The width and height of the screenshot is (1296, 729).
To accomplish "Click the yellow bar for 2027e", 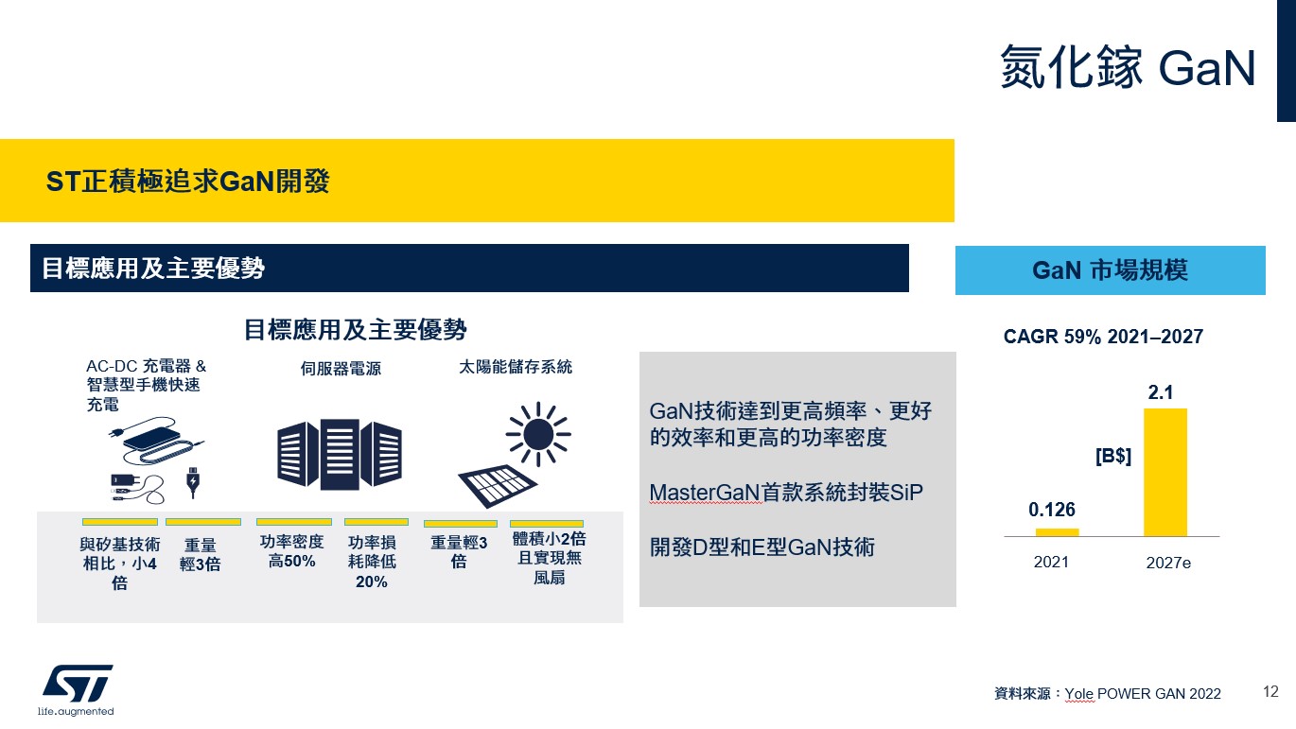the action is click(x=1165, y=473).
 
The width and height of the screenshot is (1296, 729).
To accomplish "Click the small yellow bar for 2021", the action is click(x=1057, y=532).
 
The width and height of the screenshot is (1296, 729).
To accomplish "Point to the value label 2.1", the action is click(x=1161, y=392).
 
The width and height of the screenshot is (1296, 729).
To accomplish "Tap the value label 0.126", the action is click(x=1051, y=510).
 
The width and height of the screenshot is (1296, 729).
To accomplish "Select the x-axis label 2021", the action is click(x=1051, y=562).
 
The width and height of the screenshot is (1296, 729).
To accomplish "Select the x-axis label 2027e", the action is click(x=1168, y=564).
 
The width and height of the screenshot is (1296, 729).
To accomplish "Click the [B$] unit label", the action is click(x=1113, y=456).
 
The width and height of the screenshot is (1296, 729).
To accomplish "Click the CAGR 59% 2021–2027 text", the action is click(x=1103, y=337).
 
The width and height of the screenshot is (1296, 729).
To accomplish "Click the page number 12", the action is click(x=1270, y=691).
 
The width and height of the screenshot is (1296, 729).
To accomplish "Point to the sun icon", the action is click(x=538, y=434).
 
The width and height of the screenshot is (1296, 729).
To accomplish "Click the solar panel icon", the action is click(x=498, y=486).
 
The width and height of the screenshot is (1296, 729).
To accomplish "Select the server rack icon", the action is click(x=340, y=455).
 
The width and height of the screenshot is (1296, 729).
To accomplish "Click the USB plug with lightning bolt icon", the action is click(x=193, y=482).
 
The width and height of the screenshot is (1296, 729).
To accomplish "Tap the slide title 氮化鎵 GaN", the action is click(x=1128, y=68).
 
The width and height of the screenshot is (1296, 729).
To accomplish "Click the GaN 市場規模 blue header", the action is click(x=1111, y=270).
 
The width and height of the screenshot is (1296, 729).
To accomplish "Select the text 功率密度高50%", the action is click(x=291, y=551).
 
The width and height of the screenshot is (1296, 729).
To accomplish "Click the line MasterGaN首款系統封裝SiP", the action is click(x=786, y=493).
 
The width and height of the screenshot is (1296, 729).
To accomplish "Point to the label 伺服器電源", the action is click(x=341, y=368).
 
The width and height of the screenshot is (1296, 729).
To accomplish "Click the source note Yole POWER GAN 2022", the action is click(x=1143, y=694).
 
